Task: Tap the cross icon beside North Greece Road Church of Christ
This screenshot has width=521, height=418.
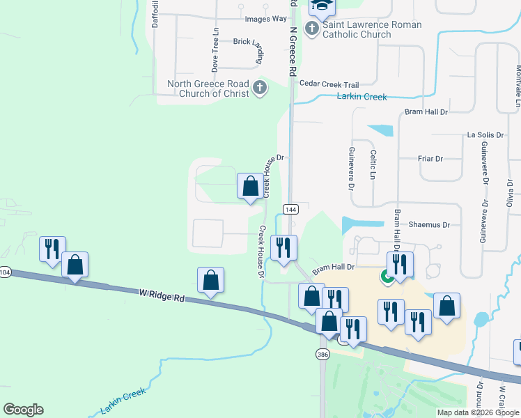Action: pyautogui.click(x=260, y=88)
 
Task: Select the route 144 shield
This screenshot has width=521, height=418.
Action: pyautogui.click(x=291, y=209)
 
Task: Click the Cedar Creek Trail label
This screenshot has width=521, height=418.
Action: pyautogui.click(x=328, y=83)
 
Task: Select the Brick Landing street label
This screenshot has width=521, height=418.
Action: pyautogui.click(x=248, y=42)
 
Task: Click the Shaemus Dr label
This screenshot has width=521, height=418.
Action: pyautogui.click(x=430, y=224)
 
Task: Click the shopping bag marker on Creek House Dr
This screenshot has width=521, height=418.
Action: pyautogui.click(x=251, y=187)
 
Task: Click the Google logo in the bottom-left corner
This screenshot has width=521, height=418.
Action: pyautogui.click(x=23, y=410)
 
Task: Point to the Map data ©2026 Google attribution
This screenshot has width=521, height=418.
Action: pyautogui.click(x=478, y=412)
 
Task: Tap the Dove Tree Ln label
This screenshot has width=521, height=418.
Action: pyautogui.click(x=216, y=50)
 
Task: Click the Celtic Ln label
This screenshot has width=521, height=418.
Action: pyautogui.click(x=373, y=164)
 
